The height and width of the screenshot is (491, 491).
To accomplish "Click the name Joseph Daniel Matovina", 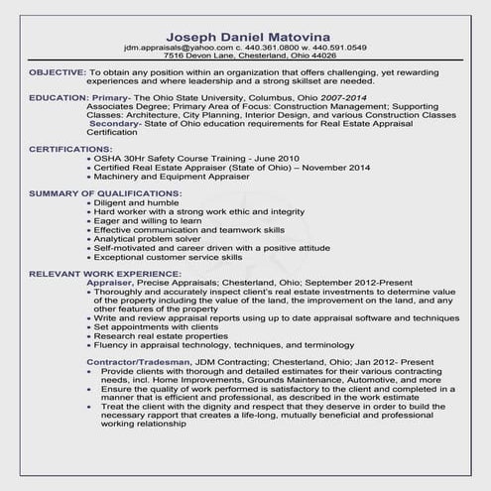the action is (x=244, y=33).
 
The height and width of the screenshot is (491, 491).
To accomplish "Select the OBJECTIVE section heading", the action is (x=57, y=73).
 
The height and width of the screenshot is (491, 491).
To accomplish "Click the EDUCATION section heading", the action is (x=59, y=99).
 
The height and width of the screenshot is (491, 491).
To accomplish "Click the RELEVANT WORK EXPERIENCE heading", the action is (x=105, y=273).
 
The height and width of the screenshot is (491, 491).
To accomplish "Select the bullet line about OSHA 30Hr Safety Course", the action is (x=183, y=159).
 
